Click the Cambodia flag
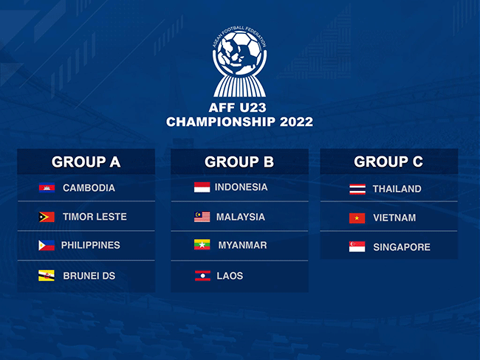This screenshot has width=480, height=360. [47, 187]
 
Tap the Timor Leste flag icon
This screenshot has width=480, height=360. [47, 217]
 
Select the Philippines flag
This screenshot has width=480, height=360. [47, 246]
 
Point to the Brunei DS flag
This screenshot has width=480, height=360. [47, 276]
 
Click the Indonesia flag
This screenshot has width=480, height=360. [202, 187]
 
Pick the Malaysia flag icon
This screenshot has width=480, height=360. [202, 217]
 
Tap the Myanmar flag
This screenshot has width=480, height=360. [202, 245]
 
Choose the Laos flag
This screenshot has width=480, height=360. [202, 276]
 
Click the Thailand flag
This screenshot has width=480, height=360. [357, 189]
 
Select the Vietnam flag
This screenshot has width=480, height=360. [357, 218]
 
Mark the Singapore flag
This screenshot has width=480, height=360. [357, 246]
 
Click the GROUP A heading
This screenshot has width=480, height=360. [86, 162]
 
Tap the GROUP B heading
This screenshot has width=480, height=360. [239, 162]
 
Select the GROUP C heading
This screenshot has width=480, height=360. [388, 162]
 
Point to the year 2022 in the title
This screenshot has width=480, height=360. [296, 122]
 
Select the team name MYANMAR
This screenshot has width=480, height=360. [242, 245]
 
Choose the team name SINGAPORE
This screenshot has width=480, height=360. [402, 247]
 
